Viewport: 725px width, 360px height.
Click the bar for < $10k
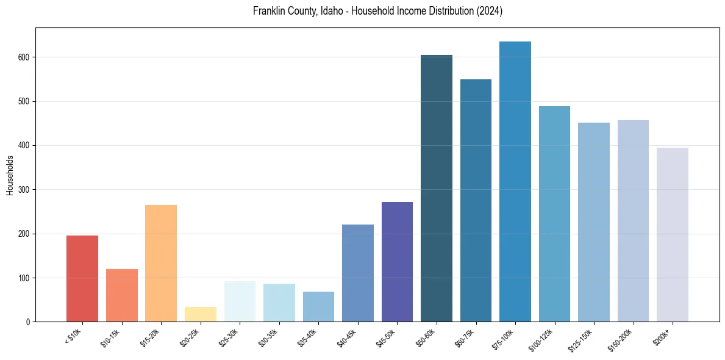[x=82, y=279]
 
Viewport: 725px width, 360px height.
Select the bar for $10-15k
[x=121, y=295]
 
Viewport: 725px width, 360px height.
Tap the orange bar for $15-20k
[x=161, y=264]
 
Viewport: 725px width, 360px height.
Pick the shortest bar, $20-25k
[x=200, y=314]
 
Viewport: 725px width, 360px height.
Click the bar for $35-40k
[x=318, y=307]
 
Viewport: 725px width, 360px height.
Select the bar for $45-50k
[x=397, y=262]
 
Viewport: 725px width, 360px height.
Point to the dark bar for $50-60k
[x=437, y=189]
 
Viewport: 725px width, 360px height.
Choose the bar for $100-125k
[x=554, y=214]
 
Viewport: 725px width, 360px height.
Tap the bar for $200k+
[x=673, y=235]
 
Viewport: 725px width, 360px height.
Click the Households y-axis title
[x=10, y=175]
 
